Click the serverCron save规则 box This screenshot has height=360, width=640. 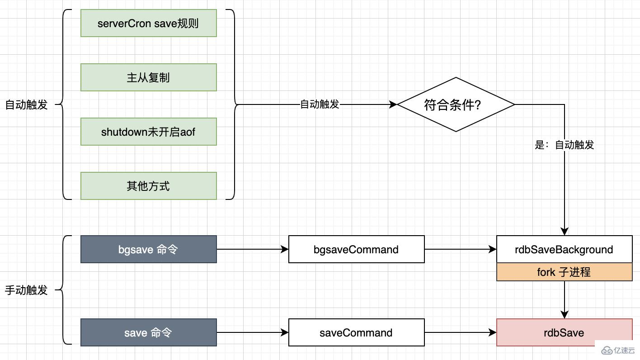(148, 23)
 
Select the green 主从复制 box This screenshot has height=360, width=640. (148, 77)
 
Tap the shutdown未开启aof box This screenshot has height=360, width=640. (148, 132)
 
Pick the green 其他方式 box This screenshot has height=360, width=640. (148, 186)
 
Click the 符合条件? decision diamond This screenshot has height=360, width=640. (456, 104)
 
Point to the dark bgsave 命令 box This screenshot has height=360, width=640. (148, 249)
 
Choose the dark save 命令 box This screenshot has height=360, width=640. (148, 332)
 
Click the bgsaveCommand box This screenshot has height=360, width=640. (356, 249)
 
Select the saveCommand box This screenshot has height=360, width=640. (356, 332)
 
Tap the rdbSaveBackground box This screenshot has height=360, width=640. (564, 249)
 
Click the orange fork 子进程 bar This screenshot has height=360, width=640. (564, 272)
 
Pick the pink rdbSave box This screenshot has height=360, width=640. (564, 332)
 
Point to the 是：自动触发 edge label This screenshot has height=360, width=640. (565, 145)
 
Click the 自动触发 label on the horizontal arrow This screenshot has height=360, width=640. (320, 104)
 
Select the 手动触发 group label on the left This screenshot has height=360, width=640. (26, 290)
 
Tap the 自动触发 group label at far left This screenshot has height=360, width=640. (26, 104)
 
